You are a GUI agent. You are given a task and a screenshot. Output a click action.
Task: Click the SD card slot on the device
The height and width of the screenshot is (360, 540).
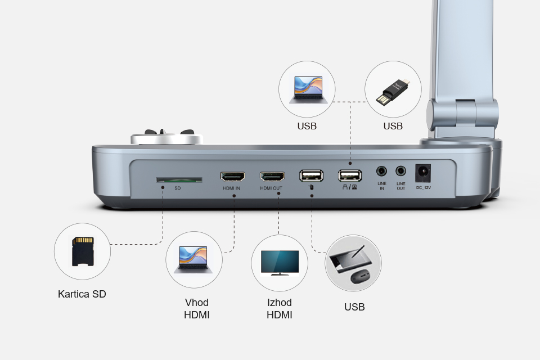[x=179, y=180]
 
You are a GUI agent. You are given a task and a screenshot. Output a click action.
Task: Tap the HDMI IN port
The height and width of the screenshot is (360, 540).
[x=232, y=177]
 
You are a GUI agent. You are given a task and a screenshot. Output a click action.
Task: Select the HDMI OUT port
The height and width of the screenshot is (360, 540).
[x=272, y=177]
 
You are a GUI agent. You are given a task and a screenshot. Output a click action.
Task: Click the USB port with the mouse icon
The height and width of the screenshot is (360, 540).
[x=311, y=175]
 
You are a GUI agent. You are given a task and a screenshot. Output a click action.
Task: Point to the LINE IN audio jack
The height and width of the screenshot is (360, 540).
[x=381, y=171]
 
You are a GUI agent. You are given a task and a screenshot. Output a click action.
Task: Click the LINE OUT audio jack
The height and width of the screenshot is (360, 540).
[x=400, y=171]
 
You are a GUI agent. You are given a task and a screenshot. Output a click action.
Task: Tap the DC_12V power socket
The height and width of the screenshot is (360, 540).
[x=423, y=173]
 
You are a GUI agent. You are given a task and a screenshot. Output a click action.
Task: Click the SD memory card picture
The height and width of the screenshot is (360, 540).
[x=83, y=251]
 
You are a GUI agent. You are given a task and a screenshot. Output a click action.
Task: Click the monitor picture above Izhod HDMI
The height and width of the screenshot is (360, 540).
[x=280, y=263]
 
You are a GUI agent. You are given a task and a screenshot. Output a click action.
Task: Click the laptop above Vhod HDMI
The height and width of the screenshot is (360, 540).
[x=193, y=260]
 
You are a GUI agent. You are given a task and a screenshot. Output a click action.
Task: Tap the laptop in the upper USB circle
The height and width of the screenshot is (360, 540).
[x=308, y=90]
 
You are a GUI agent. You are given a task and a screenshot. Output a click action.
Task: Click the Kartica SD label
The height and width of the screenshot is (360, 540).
[x=82, y=294]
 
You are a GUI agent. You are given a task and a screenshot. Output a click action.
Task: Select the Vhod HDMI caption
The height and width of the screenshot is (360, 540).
[x=197, y=309]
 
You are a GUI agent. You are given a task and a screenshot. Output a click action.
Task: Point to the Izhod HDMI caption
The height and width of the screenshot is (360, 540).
[x=280, y=309]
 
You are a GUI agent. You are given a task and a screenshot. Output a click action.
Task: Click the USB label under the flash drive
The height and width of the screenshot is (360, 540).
[x=393, y=126]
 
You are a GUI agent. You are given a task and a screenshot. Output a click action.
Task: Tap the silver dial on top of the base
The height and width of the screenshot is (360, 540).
[x=166, y=139]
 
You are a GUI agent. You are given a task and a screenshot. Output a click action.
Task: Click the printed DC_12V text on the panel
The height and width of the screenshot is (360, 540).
[x=423, y=188]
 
